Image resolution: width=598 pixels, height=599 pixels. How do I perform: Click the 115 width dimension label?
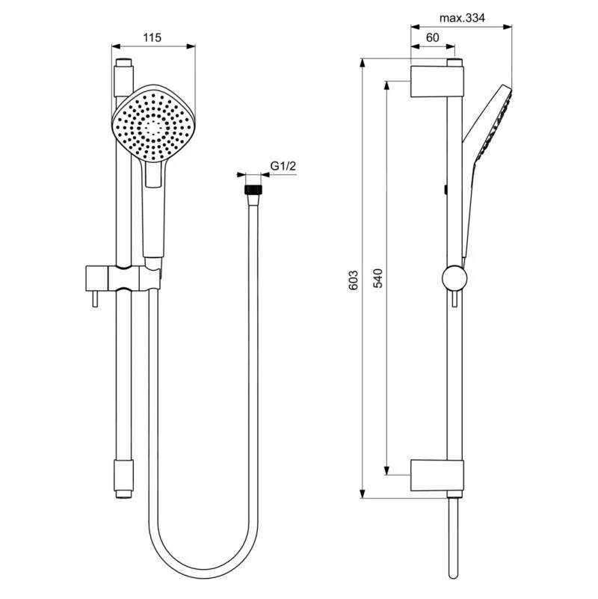[152, 37]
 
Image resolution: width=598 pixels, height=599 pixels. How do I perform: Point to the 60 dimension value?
[432, 37]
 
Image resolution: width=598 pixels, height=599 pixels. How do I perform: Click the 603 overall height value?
[355, 279]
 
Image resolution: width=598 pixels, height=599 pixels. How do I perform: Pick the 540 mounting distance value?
[379, 279]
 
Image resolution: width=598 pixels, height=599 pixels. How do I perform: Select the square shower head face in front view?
[153, 122]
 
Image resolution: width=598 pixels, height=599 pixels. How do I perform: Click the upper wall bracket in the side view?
[437, 81]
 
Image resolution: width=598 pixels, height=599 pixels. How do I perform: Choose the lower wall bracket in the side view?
[437, 476]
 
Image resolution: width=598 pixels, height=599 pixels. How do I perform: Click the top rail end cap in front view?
[123, 76]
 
